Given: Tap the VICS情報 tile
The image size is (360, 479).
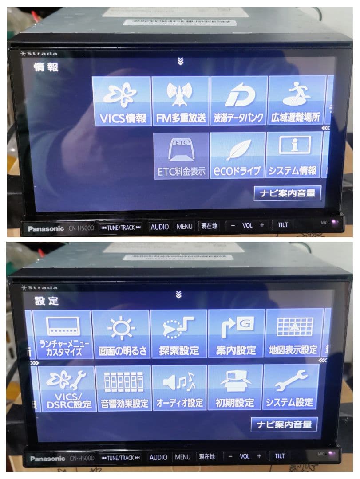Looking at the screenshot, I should [x=122, y=101].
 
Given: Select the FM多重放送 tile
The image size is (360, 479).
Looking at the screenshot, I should [x=181, y=101].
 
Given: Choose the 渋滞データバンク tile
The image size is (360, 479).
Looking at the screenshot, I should [x=239, y=101].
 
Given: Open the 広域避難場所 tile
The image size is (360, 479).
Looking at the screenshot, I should [x=296, y=101].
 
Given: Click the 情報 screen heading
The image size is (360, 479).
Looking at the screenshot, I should [x=46, y=67].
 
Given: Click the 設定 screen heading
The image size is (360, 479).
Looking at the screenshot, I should [x=47, y=301].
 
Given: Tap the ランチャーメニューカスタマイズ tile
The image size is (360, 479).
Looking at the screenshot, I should [x=61, y=334].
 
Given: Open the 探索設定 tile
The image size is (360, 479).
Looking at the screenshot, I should [x=179, y=334].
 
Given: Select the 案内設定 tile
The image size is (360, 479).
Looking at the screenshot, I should [x=236, y=334].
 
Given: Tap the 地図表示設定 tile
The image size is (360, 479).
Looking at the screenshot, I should [x=293, y=334].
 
